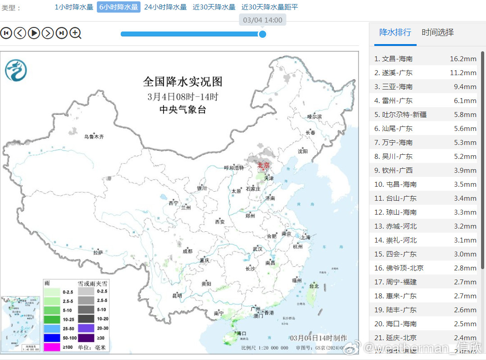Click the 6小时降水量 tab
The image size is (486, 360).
pos(118,7)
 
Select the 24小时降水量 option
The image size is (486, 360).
pos(165,7)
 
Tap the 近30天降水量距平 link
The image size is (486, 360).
pos(269,7)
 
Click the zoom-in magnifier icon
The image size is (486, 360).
pos(75,33)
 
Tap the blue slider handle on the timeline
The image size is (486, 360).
pos(262,34)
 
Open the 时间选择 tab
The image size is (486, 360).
pos(437,32)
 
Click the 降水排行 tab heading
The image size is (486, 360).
pos(395,32)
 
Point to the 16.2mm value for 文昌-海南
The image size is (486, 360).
pos(463,58)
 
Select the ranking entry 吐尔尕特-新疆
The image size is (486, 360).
pos(404,114)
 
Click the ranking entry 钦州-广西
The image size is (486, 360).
pos(397,170)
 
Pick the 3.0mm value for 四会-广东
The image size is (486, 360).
pos(465,254)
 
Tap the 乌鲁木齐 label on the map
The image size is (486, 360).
pos(94,136)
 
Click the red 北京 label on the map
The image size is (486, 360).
pos(263,165)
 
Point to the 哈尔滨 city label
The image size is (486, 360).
pos(314,117)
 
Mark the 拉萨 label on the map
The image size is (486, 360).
pos(98,252)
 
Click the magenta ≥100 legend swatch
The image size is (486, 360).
pos(52,347)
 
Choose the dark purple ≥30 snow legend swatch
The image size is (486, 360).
pos(86,337)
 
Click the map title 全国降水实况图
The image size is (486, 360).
pos(182,81)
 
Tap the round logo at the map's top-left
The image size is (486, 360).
pos(16,71)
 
